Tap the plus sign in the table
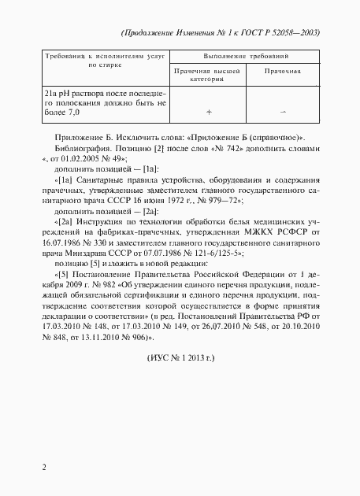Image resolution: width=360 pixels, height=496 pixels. (209, 112)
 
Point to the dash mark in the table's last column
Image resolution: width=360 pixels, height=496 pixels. (284, 112)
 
